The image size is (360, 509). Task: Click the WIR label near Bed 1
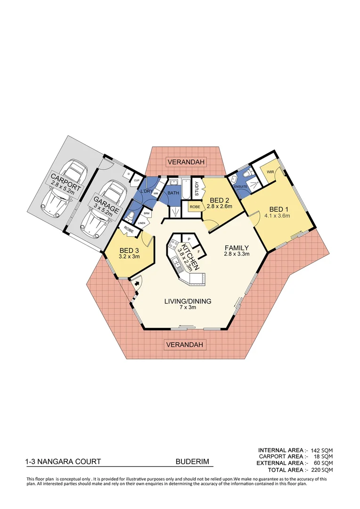(270, 172)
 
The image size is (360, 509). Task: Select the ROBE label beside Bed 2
(195, 206)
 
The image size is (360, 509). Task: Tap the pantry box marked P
(188, 239)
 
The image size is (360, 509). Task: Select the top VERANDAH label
(187, 162)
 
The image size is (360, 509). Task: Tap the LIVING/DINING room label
(188, 301)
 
